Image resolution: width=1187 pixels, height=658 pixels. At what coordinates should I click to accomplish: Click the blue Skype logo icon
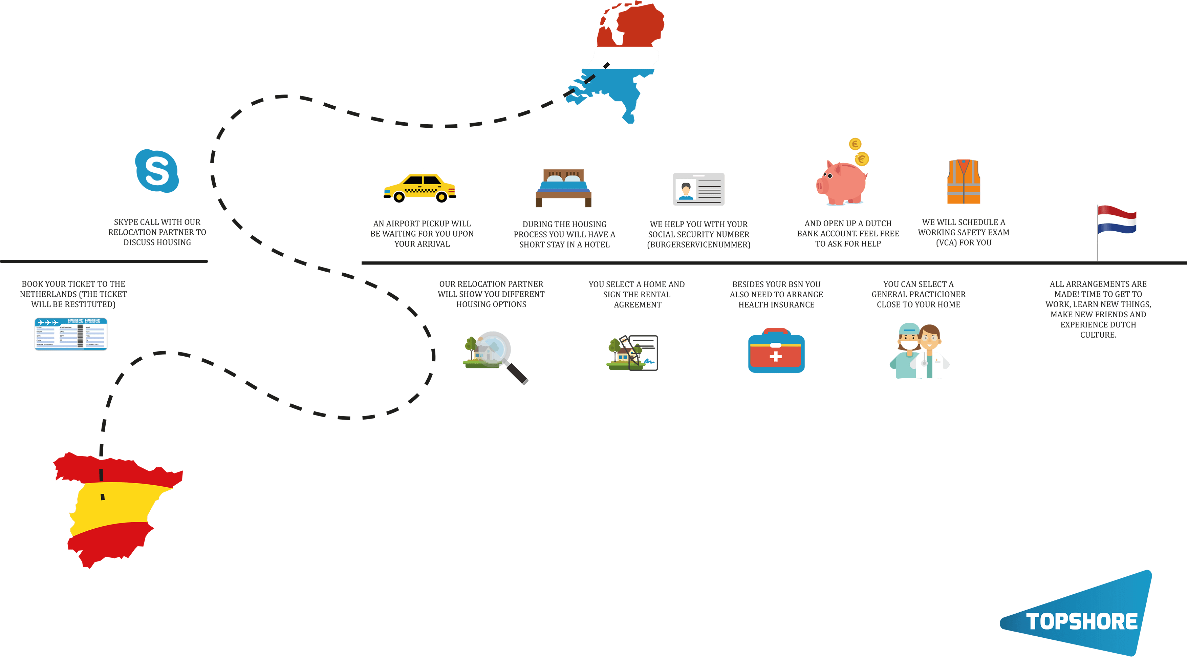(x=157, y=171)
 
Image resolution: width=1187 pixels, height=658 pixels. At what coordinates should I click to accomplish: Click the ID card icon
(x=698, y=189)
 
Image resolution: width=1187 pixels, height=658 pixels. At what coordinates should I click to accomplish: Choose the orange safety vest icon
(x=964, y=182)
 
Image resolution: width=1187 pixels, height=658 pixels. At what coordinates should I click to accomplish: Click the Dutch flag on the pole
(x=1117, y=220)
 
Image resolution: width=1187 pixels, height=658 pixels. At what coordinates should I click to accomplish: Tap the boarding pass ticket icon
(x=71, y=334)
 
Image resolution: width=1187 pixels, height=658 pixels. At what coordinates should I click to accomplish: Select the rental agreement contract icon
(x=643, y=353)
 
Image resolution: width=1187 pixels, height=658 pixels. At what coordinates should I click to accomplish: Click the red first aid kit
(x=776, y=351)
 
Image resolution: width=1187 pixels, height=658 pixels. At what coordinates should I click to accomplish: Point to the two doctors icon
(x=919, y=352)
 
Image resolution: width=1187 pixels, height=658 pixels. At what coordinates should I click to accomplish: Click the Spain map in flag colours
(x=115, y=507)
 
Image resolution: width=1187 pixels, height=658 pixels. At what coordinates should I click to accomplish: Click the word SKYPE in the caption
(x=125, y=222)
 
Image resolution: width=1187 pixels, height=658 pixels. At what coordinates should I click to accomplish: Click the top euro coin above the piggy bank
(x=855, y=144)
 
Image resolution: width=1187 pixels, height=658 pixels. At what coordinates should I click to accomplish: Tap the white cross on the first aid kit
(x=776, y=356)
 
